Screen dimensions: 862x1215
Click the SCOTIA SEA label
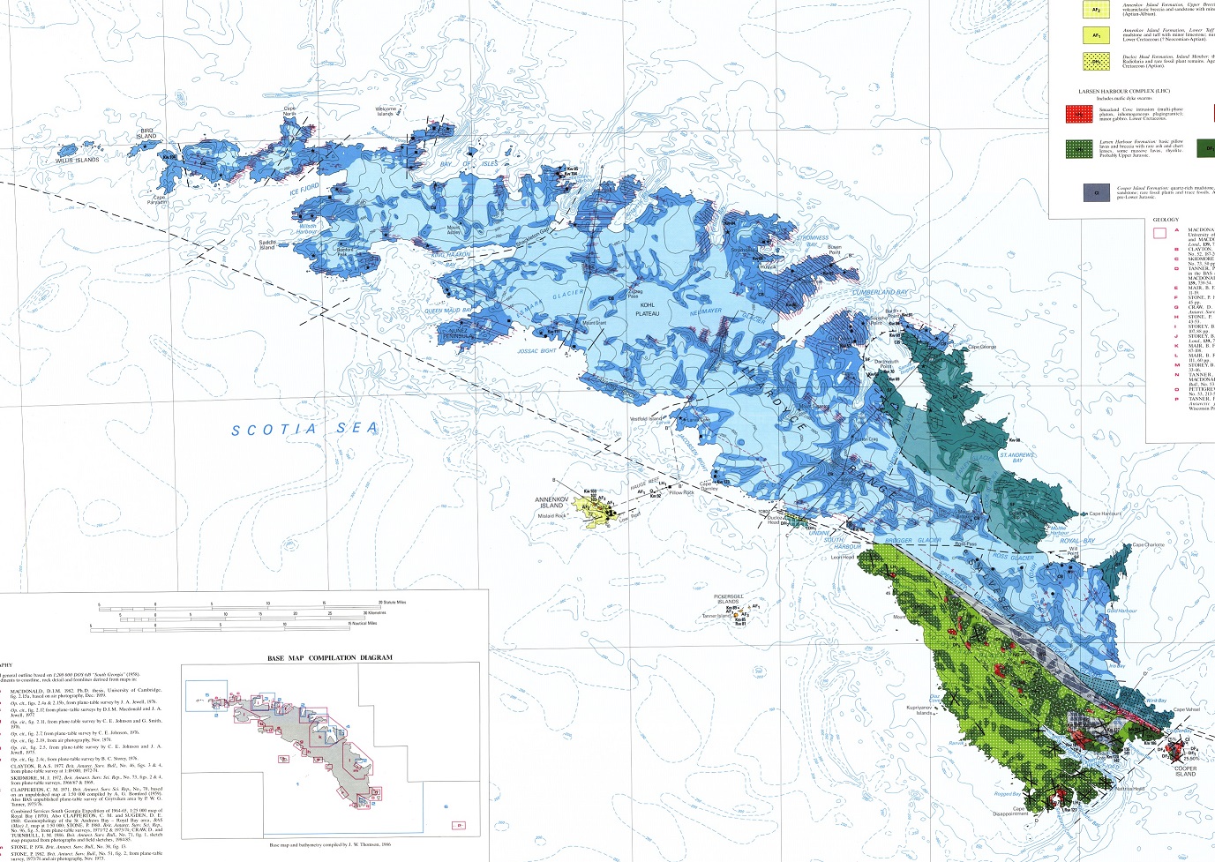click(x=305, y=429)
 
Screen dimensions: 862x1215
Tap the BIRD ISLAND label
click(x=146, y=132)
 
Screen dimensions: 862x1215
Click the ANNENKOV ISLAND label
click(x=556, y=501)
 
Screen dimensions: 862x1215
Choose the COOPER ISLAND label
click(x=1185, y=770)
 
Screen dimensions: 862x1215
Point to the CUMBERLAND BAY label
click(x=879, y=292)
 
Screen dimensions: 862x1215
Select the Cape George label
click(x=982, y=347)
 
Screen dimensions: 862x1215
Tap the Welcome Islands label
click(x=384, y=111)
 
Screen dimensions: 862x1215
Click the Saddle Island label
click(x=267, y=244)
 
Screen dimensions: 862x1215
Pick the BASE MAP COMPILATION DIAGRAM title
click(x=330, y=657)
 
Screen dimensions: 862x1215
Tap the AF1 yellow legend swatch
click(x=1096, y=36)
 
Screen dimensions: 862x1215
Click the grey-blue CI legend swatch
click(x=1096, y=191)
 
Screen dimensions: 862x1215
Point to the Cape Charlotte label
click(x=1149, y=545)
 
